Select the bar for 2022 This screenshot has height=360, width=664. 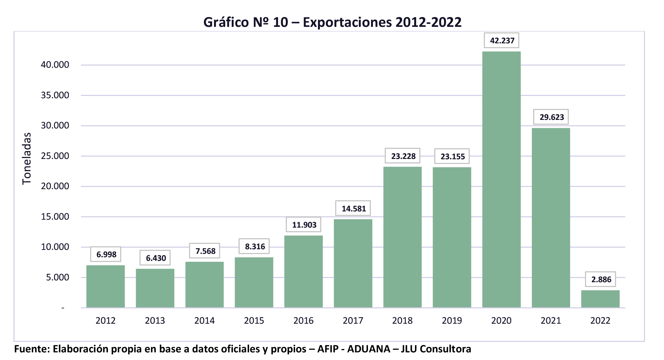pos(600,299)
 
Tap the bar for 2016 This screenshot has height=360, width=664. pos(303,271)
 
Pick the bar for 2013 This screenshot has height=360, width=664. pos(155,288)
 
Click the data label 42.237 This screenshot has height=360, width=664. pos(502,41)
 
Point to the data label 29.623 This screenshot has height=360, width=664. pos(552,117)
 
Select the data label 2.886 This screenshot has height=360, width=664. pos(601,279)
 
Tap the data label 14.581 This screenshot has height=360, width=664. pos(353,209)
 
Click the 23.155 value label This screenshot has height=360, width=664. pos(452,157)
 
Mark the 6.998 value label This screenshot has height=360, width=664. pos(106,254)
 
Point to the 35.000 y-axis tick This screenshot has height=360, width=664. pos(55,95)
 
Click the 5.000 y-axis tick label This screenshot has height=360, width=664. pos(57,277)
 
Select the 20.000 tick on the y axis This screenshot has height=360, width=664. pos(55,186)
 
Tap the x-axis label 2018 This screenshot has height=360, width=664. pos(402,321)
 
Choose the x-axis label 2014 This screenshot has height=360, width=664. pos(204,321)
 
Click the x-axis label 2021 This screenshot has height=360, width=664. pos(551,321)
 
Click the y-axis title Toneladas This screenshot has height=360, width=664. pos(27,158)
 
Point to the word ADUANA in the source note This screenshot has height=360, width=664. pos(369,349)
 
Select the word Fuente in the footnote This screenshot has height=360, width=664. pos(31,349)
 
